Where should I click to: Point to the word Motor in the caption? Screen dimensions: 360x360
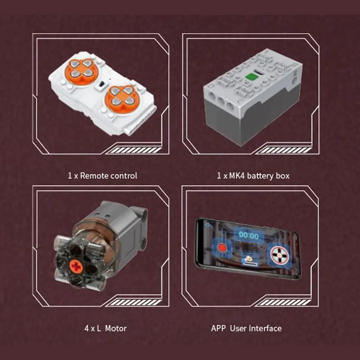[x=116, y=328]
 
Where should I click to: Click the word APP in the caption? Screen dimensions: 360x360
[x=219, y=328]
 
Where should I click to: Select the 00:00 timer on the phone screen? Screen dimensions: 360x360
[x=249, y=235]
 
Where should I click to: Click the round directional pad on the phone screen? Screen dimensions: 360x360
[x=280, y=255]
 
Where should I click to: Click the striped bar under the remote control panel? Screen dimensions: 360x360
[x=135, y=150]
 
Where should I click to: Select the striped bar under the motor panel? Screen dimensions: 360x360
[x=135, y=302]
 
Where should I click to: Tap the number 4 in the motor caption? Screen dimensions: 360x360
[x=86, y=328]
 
